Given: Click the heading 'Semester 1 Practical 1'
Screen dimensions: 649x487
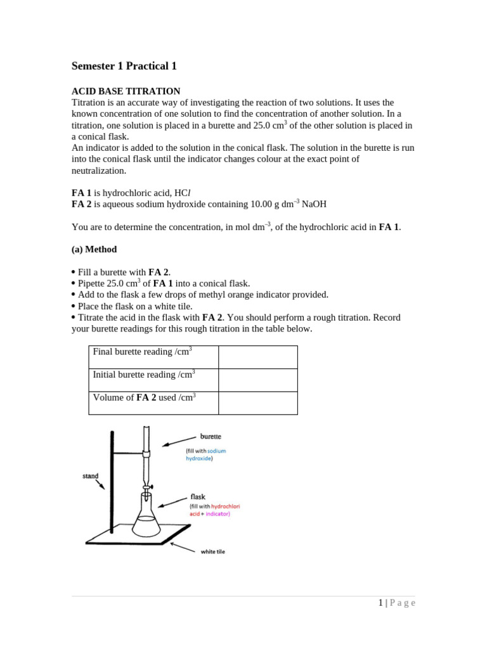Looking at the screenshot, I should click(x=124, y=66).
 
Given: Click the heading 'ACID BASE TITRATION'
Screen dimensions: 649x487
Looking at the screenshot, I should click(x=126, y=91).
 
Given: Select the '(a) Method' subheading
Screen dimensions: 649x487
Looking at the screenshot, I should click(x=94, y=249).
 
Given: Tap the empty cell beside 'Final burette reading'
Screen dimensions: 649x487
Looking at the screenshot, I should click(x=257, y=357).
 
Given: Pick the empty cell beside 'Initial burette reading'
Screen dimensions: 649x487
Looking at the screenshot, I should click(x=257, y=380).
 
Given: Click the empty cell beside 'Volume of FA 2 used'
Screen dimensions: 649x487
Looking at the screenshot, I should click(x=257, y=402).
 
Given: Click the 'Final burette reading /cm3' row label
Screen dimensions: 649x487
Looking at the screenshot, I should click(x=142, y=352).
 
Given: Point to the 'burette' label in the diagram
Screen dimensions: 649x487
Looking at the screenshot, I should click(x=211, y=437).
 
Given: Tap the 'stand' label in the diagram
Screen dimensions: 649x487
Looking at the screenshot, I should click(x=90, y=476).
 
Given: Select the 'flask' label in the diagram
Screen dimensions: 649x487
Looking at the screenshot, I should click(x=198, y=497).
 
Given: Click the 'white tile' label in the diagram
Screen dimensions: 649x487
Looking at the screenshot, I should click(x=212, y=551).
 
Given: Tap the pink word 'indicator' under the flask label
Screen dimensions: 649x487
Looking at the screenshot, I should click(x=217, y=514).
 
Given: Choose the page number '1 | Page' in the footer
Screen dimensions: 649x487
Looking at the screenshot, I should click(x=397, y=603).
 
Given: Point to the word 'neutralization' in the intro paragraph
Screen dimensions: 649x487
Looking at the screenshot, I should click(x=99, y=170).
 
